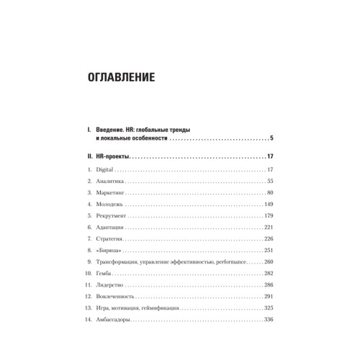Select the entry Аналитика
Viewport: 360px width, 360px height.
pos(111,181)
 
